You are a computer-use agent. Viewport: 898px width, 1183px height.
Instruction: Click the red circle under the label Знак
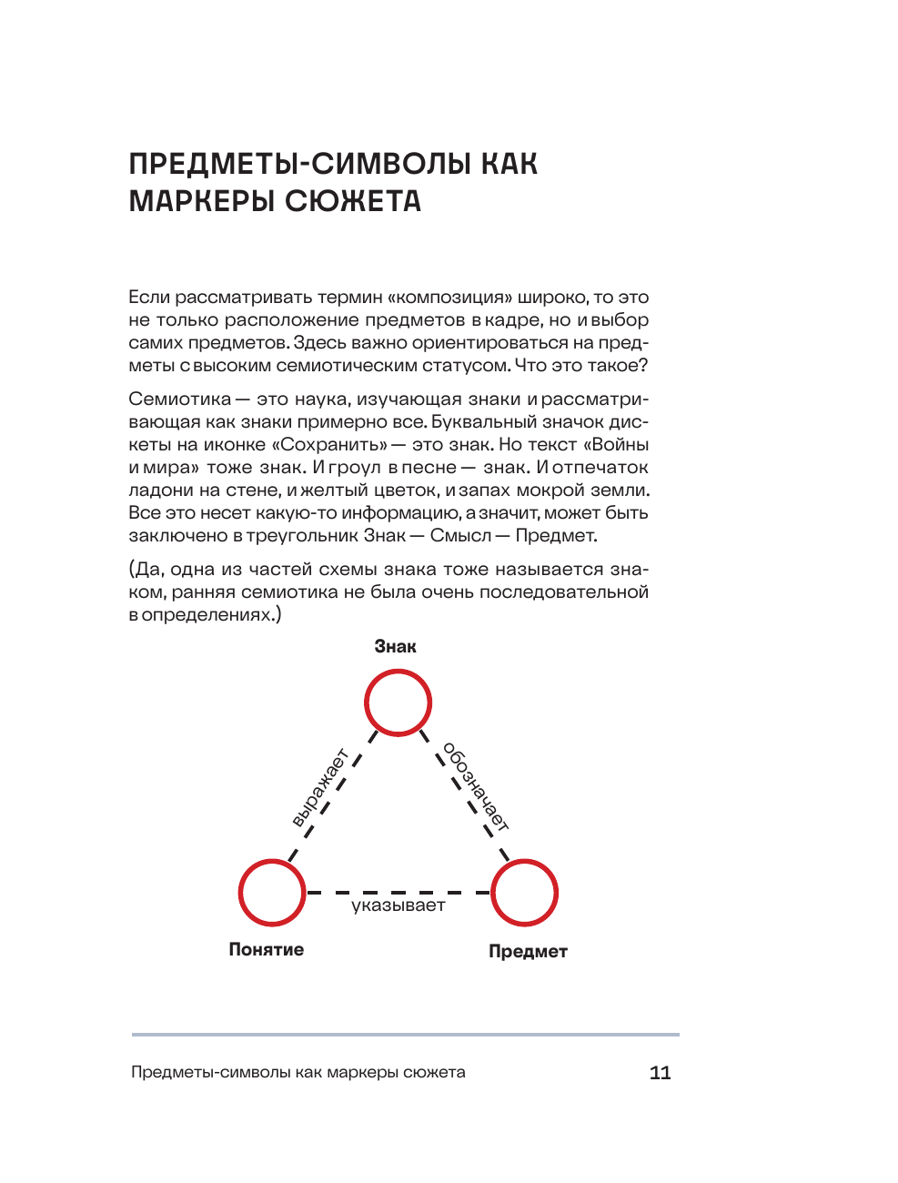(x=398, y=703)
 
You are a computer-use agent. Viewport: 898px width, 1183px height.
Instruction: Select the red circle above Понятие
(x=272, y=893)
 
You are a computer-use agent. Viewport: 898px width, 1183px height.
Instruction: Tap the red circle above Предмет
(x=524, y=893)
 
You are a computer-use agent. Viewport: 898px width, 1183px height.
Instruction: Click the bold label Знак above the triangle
(x=395, y=647)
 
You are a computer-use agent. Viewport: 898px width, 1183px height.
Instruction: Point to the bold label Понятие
(x=266, y=949)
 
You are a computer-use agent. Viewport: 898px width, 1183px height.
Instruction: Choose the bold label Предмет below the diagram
(x=528, y=951)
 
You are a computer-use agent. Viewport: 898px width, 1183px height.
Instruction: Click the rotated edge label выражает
(x=320, y=788)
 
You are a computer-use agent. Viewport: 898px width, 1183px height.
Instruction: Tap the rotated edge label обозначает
(x=475, y=786)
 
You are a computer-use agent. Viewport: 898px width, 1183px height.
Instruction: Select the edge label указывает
(x=399, y=905)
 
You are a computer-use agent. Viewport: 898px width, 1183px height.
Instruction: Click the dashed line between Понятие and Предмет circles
(x=398, y=893)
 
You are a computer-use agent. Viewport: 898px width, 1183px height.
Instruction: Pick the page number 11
(x=660, y=1072)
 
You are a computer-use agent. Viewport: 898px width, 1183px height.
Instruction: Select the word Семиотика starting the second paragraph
(x=179, y=399)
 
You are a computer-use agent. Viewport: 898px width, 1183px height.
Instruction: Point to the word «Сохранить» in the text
(x=329, y=444)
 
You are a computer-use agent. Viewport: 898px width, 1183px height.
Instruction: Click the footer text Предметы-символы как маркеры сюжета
(x=298, y=1072)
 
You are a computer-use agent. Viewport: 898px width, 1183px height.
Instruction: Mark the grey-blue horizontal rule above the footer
(x=405, y=1035)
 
